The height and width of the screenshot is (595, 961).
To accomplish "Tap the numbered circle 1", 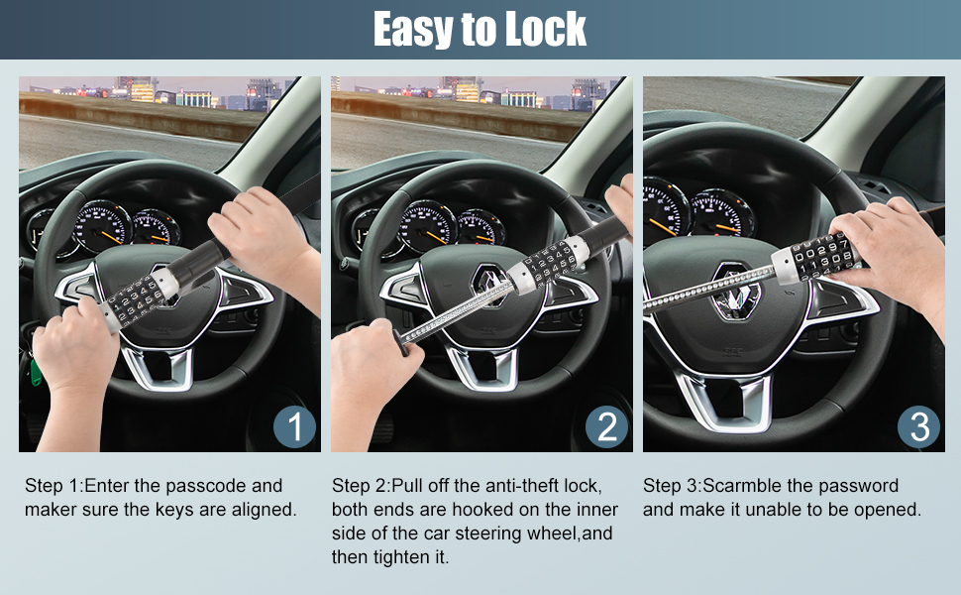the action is point(295,426).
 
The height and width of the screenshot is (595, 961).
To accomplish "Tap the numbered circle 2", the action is point(606,426).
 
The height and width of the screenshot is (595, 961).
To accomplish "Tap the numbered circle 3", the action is point(918,426).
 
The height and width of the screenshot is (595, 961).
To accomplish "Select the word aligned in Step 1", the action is point(264,510).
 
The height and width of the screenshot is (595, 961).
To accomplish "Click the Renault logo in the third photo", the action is point(735,291).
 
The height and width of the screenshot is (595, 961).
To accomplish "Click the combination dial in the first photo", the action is point(139,299).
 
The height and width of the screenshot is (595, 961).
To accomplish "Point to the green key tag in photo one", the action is point(36,372).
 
